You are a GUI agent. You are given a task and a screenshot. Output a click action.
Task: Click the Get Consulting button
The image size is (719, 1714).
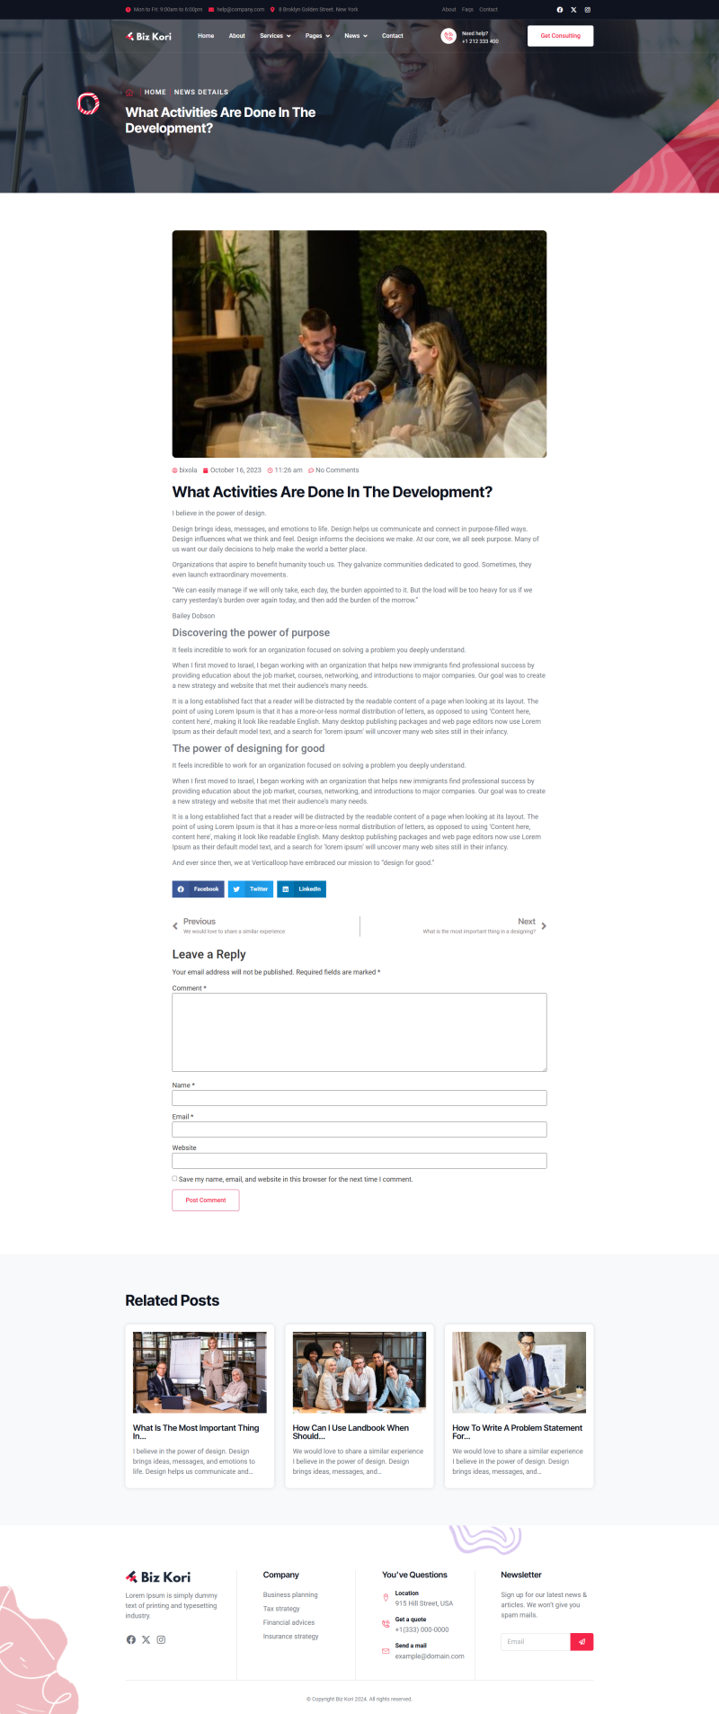(560, 36)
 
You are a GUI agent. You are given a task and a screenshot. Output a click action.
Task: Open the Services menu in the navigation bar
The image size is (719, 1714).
(275, 36)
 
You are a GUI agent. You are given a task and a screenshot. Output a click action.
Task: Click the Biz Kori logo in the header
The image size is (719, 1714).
(149, 36)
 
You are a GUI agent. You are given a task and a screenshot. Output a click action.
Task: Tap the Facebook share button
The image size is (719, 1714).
(198, 889)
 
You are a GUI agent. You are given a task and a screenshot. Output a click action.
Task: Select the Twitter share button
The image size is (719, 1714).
(251, 889)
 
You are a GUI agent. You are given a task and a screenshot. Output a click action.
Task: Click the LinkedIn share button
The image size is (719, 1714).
(301, 889)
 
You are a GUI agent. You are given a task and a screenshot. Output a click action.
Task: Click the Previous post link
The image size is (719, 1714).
(200, 922)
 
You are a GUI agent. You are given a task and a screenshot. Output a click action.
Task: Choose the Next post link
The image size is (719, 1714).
(527, 922)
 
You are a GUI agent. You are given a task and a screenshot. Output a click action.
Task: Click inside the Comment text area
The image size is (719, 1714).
(359, 1031)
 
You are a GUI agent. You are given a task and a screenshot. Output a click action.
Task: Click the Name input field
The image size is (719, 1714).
(359, 1098)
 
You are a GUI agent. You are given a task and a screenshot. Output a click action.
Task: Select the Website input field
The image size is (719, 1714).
(359, 1161)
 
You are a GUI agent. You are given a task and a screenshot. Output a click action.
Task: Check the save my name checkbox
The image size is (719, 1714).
(174, 1179)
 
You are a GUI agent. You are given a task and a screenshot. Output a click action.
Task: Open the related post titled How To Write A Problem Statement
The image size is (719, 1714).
(517, 1432)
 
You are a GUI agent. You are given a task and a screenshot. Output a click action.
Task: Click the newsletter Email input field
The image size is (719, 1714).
(535, 1641)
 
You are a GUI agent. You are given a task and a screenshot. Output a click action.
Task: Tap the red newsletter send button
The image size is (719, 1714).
(581, 1641)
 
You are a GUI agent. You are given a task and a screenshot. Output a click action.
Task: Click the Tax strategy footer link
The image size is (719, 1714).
(281, 1609)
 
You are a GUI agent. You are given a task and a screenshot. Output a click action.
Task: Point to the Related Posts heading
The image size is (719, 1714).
(173, 1300)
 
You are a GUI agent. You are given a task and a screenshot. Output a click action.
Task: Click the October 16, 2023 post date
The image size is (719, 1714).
(235, 470)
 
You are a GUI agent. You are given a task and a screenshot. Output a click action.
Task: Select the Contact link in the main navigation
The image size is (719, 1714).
(392, 36)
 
